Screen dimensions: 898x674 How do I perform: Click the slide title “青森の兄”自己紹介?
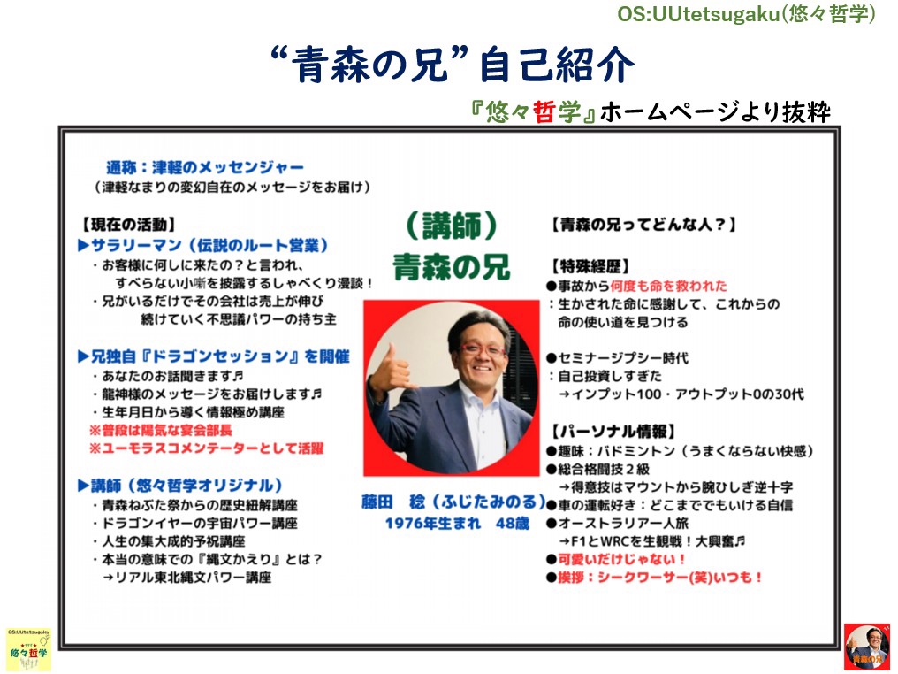pos(453,64)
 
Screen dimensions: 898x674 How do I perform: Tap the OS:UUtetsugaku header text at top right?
pos(746,14)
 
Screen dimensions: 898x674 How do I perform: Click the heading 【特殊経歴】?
pos(590,266)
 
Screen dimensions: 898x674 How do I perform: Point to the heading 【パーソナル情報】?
pos(613,431)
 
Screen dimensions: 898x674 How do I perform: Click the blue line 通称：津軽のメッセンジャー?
pos(205,167)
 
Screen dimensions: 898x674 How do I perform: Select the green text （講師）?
pos(452,226)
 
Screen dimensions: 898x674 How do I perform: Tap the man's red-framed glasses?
pos(483,349)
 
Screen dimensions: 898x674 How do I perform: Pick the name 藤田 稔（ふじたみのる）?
pos(453,502)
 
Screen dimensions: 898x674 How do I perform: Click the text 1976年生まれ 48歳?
pos(457,524)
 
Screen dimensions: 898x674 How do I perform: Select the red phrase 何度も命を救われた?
pos(668,286)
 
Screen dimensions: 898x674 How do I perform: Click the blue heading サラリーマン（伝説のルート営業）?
pos(203,245)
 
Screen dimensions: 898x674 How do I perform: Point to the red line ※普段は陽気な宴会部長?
pos(161,431)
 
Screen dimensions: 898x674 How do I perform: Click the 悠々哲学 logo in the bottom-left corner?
pos(28,649)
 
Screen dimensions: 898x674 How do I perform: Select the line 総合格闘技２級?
pos(598,469)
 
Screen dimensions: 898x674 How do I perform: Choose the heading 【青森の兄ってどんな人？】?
pos(643,224)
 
